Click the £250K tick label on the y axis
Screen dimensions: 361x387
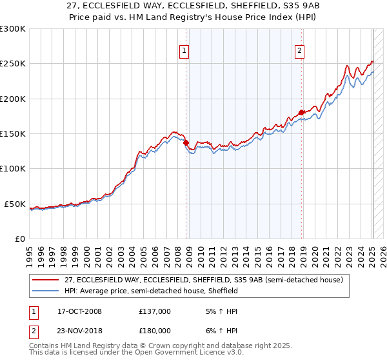pyautogui.click(x=12, y=64)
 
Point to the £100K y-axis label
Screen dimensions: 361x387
pyautogui.click(x=12, y=169)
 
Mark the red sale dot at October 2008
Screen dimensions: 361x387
pyautogui.click(x=186, y=142)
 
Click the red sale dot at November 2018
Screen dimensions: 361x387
pyautogui.click(x=301, y=112)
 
